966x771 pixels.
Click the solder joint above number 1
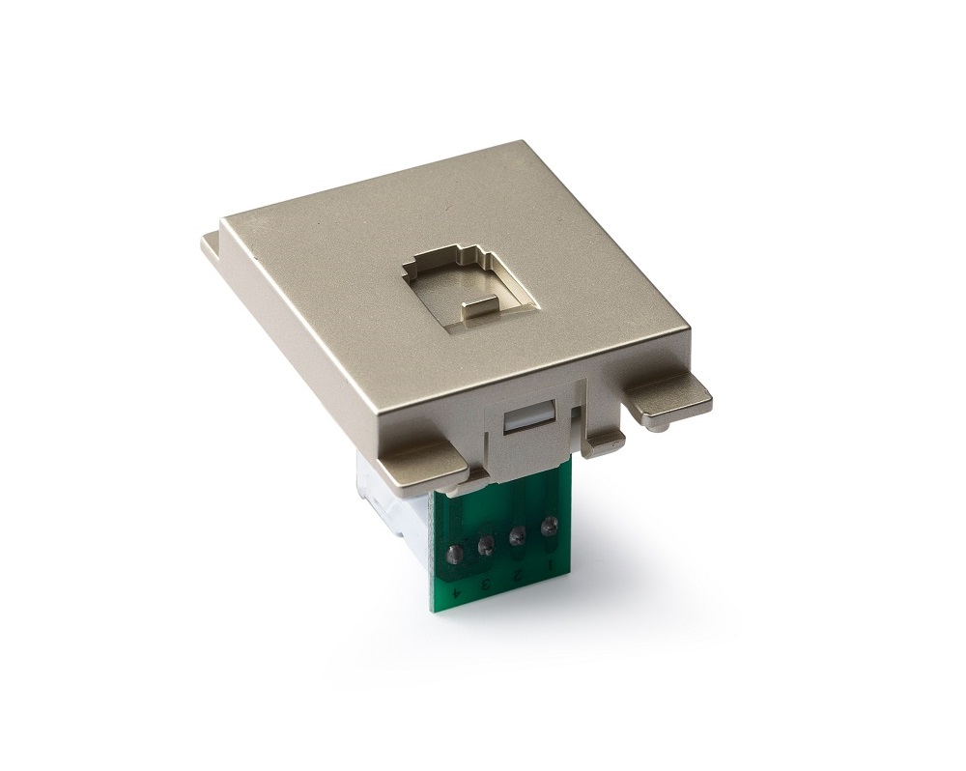(x=548, y=527)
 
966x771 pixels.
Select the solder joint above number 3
(x=486, y=544)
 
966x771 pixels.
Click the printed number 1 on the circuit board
(x=549, y=564)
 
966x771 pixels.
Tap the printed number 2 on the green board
(x=516, y=574)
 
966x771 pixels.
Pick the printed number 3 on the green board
(x=485, y=583)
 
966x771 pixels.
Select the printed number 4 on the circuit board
(x=455, y=593)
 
